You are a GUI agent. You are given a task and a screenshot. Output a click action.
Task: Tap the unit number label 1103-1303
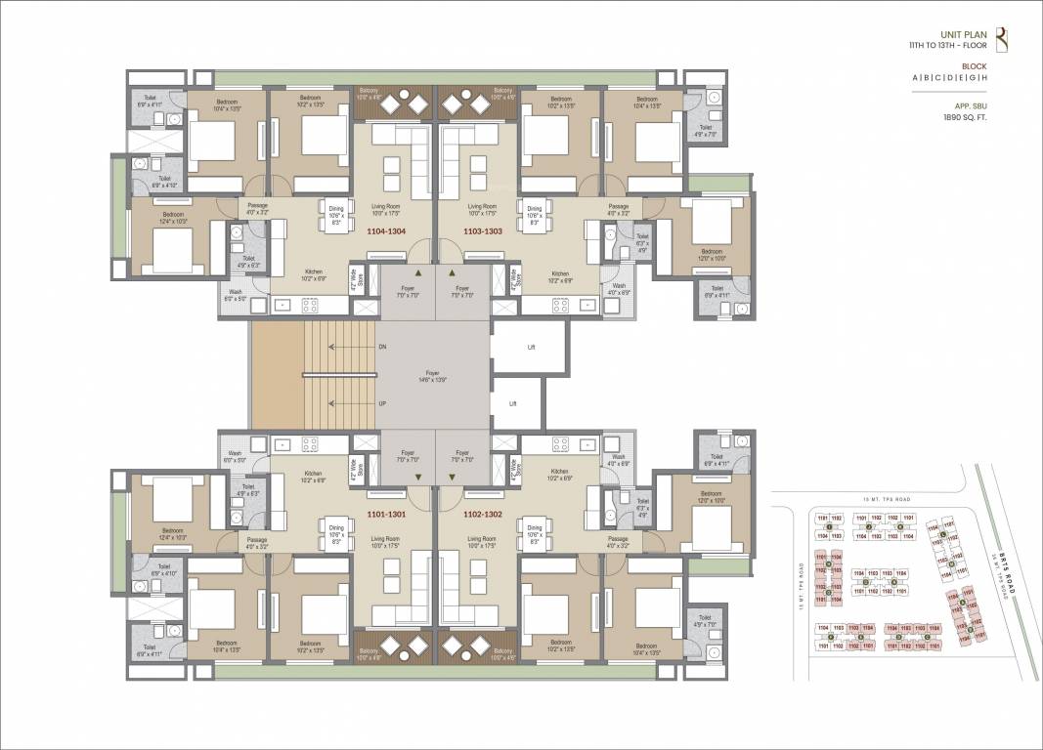(x=483, y=231)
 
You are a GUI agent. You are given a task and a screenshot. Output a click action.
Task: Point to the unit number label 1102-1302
(x=483, y=514)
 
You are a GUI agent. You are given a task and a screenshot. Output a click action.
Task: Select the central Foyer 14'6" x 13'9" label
(x=432, y=374)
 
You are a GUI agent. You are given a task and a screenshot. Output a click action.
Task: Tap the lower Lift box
(x=512, y=402)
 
